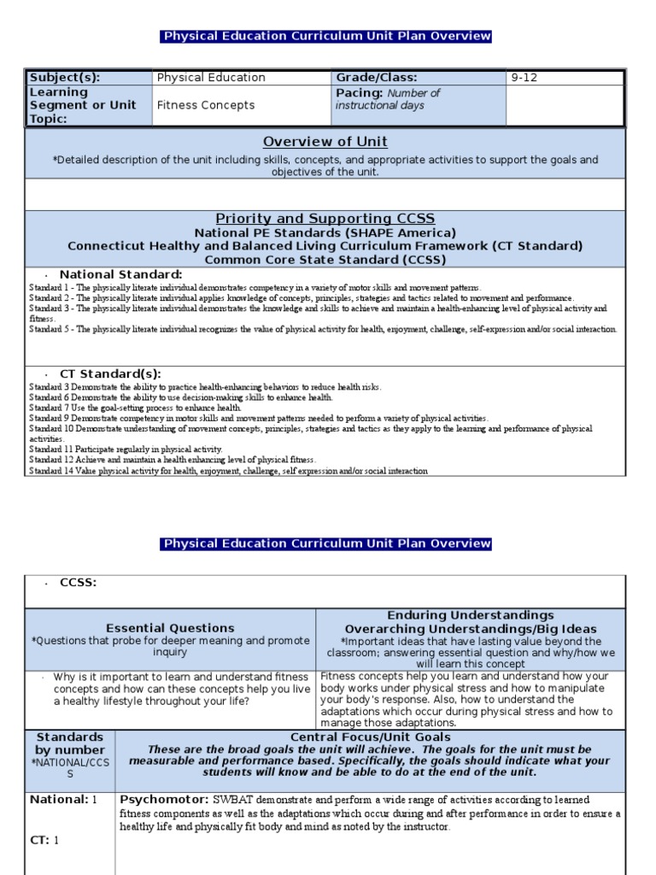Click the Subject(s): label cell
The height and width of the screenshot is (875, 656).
point(64,78)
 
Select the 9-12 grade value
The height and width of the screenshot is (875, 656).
point(525,78)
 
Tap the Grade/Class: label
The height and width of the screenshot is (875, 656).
point(372,78)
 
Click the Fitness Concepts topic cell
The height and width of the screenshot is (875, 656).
point(205,105)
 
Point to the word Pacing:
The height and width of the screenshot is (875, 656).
point(360,93)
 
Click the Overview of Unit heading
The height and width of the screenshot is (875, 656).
point(325,142)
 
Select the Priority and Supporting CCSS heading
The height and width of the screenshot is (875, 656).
point(325,219)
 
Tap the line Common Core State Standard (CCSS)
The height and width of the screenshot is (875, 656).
point(325,259)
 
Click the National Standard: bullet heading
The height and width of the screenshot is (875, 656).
point(120,274)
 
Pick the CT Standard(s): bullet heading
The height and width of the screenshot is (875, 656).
point(110,374)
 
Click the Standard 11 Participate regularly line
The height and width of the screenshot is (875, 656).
point(126,449)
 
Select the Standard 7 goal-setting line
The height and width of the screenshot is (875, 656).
point(135,408)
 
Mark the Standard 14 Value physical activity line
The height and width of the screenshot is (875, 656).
point(228,471)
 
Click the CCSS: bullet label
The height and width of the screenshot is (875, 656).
point(78,583)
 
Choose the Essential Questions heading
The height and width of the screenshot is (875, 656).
point(170,628)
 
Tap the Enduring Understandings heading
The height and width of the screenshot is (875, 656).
point(471,615)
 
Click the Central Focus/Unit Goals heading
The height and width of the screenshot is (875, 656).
point(369,737)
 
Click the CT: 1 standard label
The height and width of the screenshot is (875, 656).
point(44,840)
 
